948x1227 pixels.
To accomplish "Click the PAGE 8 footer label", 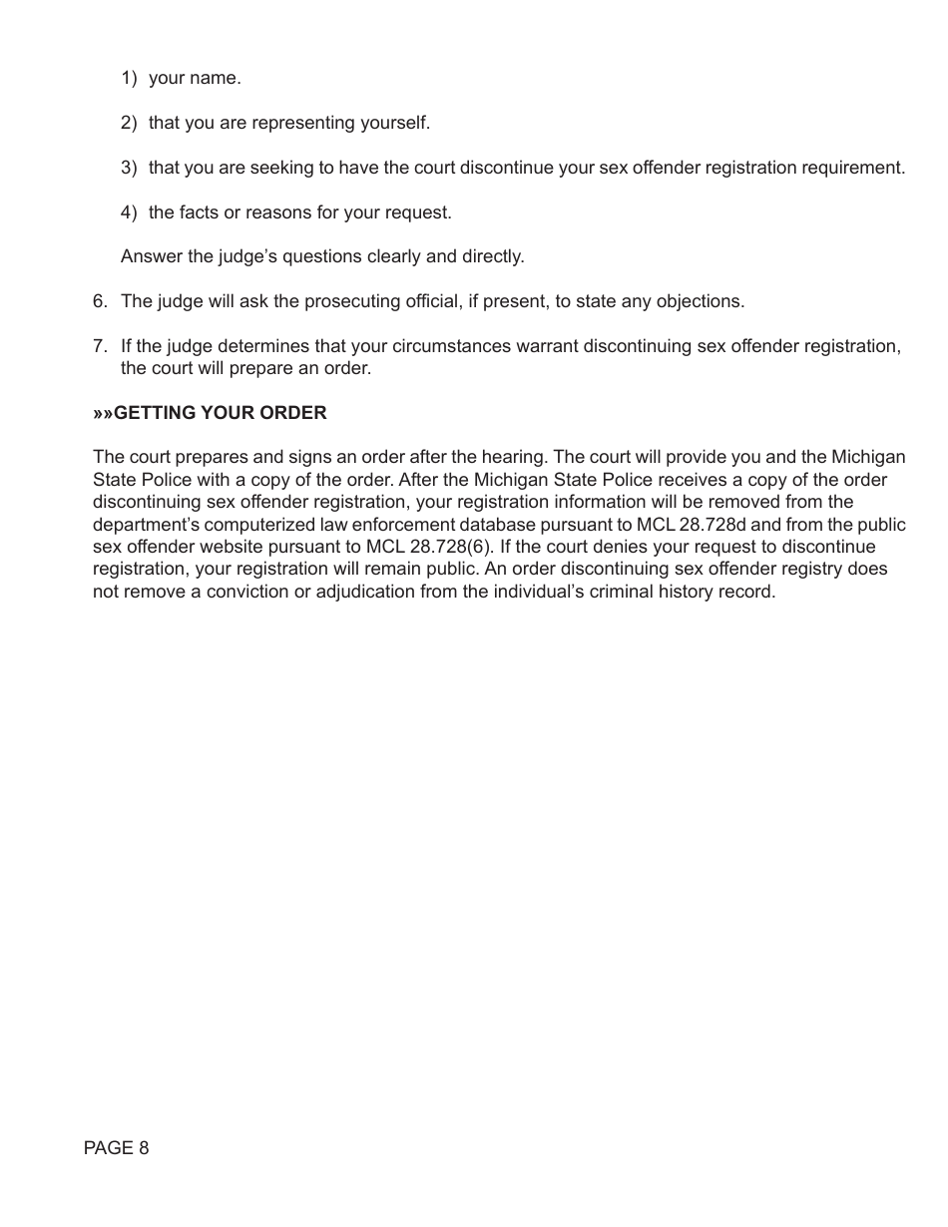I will [116, 1148].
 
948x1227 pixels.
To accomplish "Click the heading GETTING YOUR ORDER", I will [220, 413].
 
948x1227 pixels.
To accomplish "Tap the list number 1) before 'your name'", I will [129, 78].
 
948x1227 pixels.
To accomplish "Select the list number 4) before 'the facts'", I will [129, 212].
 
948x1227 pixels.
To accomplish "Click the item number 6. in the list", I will [100, 301].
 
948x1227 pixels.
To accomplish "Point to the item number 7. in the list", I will [100, 346].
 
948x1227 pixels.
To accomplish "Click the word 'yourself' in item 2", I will [396, 123].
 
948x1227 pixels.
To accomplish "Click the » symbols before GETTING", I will [104, 413].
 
